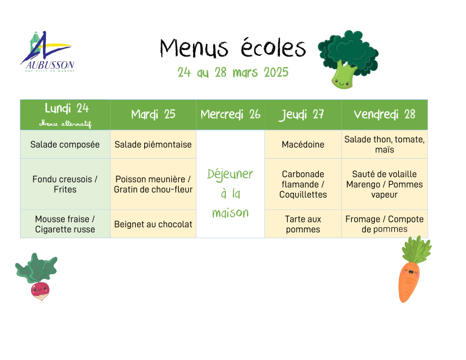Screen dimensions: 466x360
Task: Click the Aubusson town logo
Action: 48,51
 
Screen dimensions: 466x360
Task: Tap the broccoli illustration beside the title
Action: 348,59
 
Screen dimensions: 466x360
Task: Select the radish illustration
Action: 37,278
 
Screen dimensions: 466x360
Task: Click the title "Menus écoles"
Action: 233,48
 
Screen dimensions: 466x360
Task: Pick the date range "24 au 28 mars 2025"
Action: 233,72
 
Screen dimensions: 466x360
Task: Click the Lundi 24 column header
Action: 65,115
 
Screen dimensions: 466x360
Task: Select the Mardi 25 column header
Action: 153,115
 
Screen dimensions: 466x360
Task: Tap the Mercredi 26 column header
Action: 230,115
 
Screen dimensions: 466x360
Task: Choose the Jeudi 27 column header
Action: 303,115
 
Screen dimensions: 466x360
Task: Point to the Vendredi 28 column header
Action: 385,115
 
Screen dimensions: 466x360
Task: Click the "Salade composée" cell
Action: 65,144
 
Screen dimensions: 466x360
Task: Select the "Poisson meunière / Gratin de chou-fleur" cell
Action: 153,184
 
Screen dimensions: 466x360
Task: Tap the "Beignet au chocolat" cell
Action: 153,224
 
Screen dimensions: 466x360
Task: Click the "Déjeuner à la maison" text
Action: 230,194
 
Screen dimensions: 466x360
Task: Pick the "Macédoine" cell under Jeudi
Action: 303,144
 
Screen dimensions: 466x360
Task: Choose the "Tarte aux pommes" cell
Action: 303,224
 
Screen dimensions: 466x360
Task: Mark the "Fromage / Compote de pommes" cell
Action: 385,224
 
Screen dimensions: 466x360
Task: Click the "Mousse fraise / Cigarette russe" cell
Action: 65,224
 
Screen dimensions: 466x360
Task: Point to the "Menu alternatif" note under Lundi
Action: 65,124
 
